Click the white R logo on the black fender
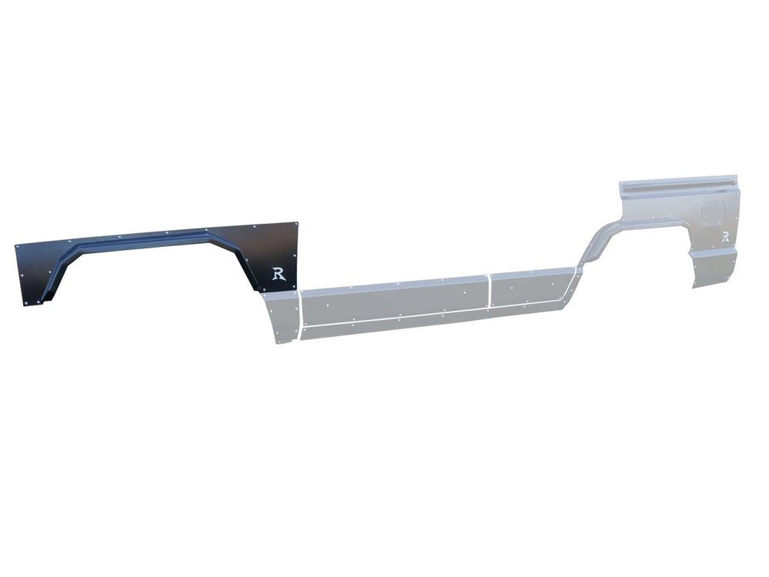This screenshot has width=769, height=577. tap(279, 275)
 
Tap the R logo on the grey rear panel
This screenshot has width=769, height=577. tap(725, 236)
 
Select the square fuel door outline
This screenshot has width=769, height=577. tap(710, 214)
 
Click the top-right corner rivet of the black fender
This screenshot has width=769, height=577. tap(295, 225)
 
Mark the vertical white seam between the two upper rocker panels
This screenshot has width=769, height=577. tap(489, 291)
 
